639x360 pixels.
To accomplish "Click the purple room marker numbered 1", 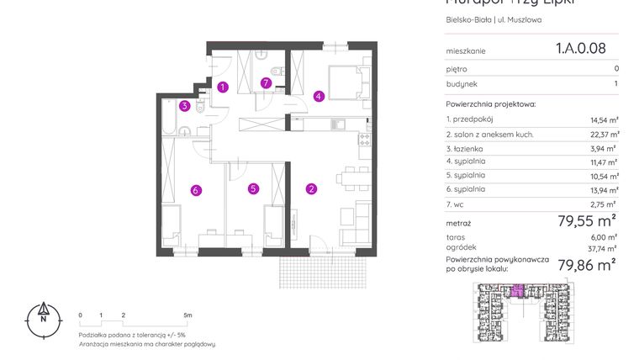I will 223,87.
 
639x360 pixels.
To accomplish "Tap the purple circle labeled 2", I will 311,188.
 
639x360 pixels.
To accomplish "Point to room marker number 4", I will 319,96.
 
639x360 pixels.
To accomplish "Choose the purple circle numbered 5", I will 253,189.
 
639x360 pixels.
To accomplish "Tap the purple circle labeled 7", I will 266,82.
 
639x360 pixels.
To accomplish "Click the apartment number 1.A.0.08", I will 580,49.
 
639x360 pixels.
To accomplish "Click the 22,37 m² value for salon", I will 603,135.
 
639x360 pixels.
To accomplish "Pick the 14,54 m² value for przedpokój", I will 603,120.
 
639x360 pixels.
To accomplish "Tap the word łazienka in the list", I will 469,148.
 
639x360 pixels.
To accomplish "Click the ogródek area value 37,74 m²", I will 603,248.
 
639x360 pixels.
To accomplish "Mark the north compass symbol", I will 43,317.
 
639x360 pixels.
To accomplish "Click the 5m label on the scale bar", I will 188,315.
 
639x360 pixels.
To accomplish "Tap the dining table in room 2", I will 351,177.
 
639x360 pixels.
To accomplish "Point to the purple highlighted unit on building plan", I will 519,291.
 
